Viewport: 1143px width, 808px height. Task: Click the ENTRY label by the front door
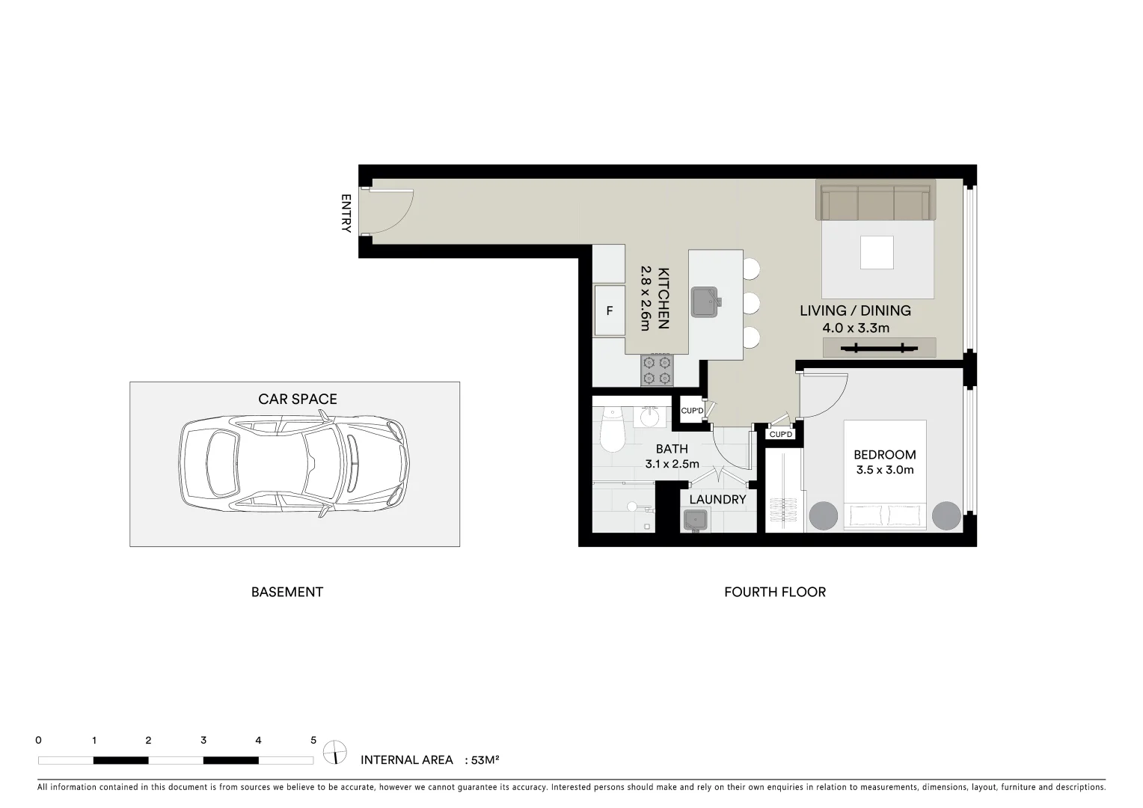click(346, 214)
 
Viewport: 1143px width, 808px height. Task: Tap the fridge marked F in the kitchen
click(609, 310)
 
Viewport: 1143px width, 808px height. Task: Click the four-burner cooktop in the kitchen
click(657, 370)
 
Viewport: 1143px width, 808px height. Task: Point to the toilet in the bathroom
click(612, 429)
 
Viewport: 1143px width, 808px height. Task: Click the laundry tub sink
click(697, 519)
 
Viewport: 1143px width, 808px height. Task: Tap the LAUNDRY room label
click(717, 500)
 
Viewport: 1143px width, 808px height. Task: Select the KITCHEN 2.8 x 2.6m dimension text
click(655, 299)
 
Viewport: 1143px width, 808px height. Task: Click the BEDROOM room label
click(885, 455)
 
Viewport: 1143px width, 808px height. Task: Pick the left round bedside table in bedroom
click(824, 515)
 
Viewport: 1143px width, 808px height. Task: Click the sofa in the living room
click(875, 200)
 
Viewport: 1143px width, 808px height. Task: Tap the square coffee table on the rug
click(877, 252)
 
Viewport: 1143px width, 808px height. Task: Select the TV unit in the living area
click(879, 347)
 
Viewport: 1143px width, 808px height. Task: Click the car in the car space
click(294, 467)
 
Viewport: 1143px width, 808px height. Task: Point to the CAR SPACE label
click(298, 400)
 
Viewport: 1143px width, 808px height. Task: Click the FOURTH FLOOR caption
click(775, 592)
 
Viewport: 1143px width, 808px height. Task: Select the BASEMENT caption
click(287, 592)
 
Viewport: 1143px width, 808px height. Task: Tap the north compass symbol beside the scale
click(335, 751)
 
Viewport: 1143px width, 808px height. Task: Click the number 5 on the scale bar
click(313, 741)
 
